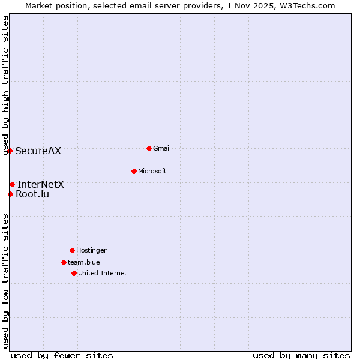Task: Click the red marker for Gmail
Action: click(149, 148)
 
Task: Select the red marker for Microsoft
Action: click(134, 171)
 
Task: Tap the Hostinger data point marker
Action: click(72, 250)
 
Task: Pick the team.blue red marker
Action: click(64, 262)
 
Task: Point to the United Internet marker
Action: click(74, 273)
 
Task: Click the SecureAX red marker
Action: click(10, 151)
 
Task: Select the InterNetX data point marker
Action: click(12, 184)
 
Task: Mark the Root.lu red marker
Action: click(10, 194)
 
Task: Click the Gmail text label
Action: click(162, 148)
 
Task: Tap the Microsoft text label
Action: click(152, 171)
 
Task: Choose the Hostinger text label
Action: click(91, 250)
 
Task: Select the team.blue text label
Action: click(84, 262)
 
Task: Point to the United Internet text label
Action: click(103, 273)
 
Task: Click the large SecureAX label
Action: click(38, 151)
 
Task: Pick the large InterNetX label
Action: click(41, 184)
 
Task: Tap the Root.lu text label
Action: click(32, 194)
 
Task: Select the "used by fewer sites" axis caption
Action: click(62, 355)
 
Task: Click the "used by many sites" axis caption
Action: click(301, 355)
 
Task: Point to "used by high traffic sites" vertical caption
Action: click(5, 85)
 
